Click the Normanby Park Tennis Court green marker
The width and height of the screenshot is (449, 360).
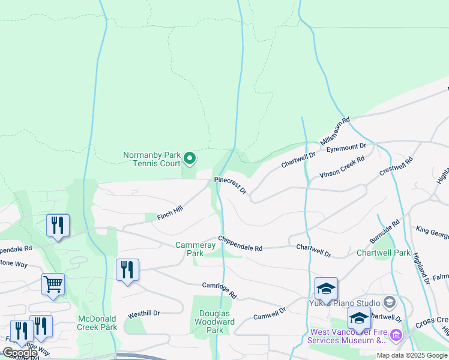pos(190,158)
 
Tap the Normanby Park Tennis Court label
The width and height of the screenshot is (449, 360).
pos(151,159)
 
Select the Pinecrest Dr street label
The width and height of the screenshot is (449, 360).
pos(231,184)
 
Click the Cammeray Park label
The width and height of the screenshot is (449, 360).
pos(189,249)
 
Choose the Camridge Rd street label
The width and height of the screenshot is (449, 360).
pos(220,290)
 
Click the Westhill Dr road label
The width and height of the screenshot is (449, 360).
pos(143,314)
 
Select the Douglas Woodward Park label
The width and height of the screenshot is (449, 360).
pos(215,322)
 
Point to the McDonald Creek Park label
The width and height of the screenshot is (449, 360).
pos(97,323)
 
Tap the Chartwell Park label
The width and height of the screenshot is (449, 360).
pos(383,253)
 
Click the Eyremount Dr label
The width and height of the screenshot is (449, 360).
pos(346,146)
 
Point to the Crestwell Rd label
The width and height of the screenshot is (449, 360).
pos(396,166)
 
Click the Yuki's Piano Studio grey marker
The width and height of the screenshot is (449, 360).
pos(389,301)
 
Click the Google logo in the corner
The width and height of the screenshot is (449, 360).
pos(20,353)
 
